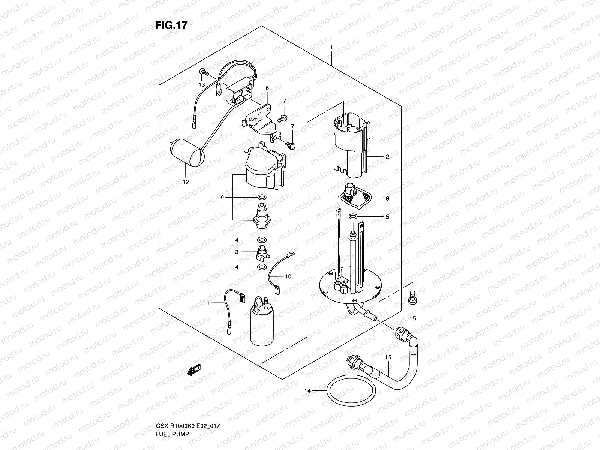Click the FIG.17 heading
pyautogui.click(x=171, y=25)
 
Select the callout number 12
pyautogui.click(x=186, y=182)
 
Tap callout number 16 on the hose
pyautogui.click(x=388, y=357)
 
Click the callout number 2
pyautogui.click(x=387, y=157)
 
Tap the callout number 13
pyautogui.click(x=202, y=85)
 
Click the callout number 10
pyautogui.click(x=288, y=276)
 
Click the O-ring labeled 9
pyautogui.click(x=262, y=197)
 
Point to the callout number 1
pyautogui.click(x=331, y=48)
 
